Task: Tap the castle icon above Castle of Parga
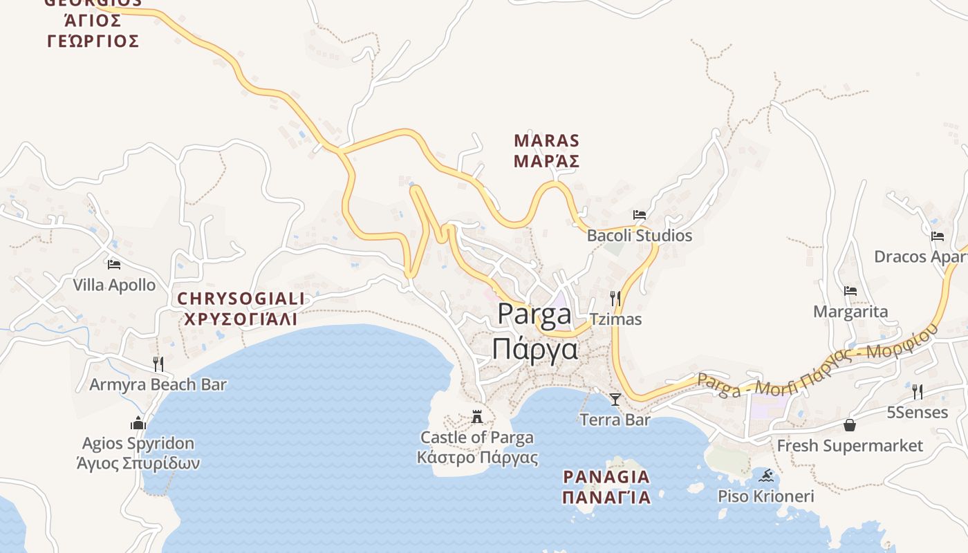pos(477,416)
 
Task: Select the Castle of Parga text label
pos(477,447)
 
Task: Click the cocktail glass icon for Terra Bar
pos(615,399)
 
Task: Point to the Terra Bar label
pos(615,420)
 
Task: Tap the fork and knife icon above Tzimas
pos(615,299)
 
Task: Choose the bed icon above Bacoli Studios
pos(640,215)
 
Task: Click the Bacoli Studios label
pos(640,236)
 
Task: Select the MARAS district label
pos(546,151)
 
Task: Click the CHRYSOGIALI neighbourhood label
pos(241,309)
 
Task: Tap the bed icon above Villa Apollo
pos(114,264)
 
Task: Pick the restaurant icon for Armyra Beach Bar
pos(158,364)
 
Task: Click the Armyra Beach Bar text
pos(158,384)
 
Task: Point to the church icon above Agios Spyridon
pos(138,423)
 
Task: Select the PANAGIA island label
pos(606,487)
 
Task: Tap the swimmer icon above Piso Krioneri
pos(766,476)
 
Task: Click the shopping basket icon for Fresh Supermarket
pos(850,424)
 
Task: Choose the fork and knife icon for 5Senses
pos(918,392)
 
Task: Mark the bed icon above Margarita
pos(850,291)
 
